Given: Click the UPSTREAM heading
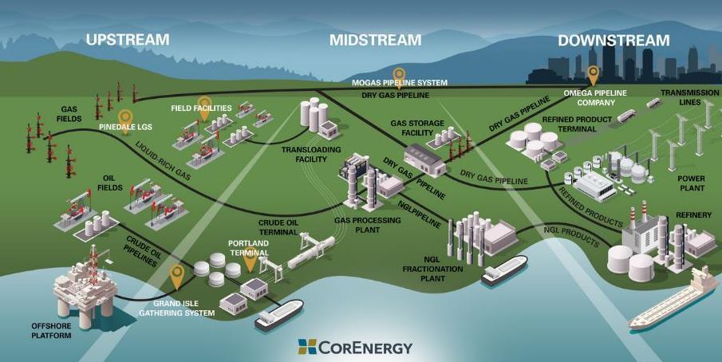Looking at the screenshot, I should point(128,39).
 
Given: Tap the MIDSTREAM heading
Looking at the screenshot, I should point(375,39).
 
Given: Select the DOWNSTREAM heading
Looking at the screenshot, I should point(613,40).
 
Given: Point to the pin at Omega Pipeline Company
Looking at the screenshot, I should point(593,75).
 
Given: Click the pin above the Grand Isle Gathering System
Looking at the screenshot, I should point(176,276).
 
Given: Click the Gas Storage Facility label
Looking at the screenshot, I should point(411,128).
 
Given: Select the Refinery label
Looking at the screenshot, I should point(692,214).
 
